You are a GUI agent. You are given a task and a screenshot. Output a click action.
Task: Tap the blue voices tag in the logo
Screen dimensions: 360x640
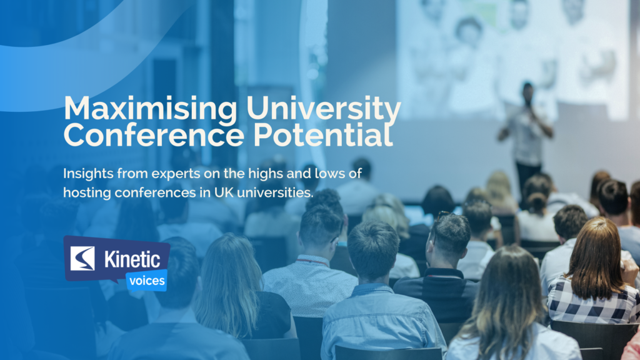(x=146, y=281)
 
